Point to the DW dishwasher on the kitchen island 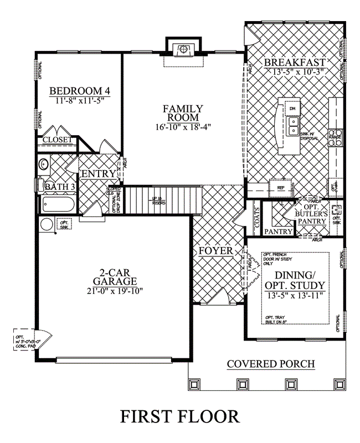click(292, 109)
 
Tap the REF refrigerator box click(280, 188)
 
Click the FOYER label click(216, 251)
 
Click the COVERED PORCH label click(271, 364)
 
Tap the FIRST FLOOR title click(180, 416)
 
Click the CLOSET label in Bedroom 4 click(58, 140)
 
